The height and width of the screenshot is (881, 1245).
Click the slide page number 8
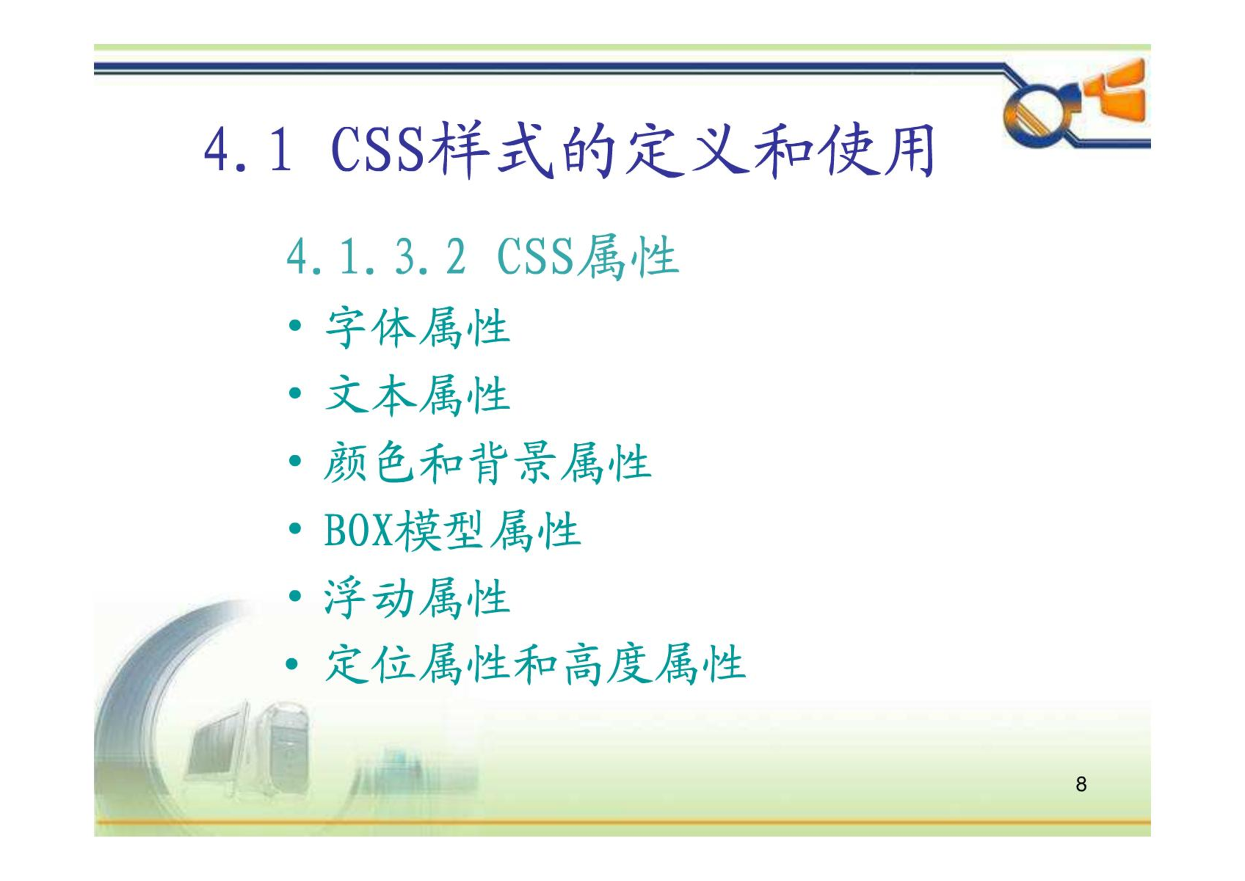(1081, 784)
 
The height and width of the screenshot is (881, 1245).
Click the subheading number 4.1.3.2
(376, 256)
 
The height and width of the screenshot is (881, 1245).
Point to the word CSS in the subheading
(536, 256)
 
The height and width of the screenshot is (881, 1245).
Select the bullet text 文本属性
(417, 395)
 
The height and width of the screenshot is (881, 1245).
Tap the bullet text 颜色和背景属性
(488, 463)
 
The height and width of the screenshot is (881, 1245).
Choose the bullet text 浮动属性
(417, 597)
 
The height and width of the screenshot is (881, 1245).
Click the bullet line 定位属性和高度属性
(535, 664)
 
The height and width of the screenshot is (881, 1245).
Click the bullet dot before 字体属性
(295, 325)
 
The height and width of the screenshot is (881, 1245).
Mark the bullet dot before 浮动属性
(295, 596)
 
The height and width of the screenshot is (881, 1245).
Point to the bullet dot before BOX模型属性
(295, 528)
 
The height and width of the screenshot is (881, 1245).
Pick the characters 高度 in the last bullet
(607, 664)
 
